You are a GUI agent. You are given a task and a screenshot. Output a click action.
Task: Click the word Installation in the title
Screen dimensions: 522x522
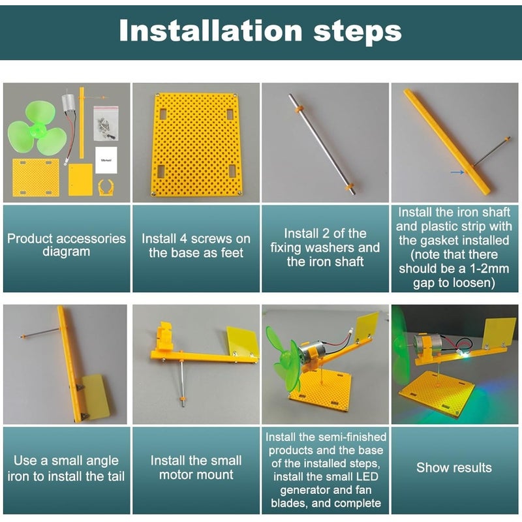[211, 30]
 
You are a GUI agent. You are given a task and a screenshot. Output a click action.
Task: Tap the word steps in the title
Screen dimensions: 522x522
[358, 32]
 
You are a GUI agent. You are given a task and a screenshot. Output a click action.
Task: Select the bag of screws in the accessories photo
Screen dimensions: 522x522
[106, 123]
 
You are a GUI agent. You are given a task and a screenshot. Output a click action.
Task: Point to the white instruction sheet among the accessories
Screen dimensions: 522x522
[106, 160]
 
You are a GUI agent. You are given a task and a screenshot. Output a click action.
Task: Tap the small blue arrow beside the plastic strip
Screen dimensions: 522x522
[457, 172]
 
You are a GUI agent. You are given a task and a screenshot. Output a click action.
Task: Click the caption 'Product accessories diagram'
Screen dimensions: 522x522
[67, 245]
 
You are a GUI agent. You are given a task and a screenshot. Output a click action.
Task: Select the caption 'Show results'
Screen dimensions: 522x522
[454, 468]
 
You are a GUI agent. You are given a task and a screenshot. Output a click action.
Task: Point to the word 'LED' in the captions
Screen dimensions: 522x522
[365, 477]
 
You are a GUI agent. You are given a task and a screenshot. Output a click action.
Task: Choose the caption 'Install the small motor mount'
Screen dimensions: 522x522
[196, 468]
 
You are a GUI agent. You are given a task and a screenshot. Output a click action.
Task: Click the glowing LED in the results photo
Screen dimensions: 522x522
[465, 356]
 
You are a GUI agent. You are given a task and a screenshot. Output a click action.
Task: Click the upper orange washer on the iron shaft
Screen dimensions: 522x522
[298, 109]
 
